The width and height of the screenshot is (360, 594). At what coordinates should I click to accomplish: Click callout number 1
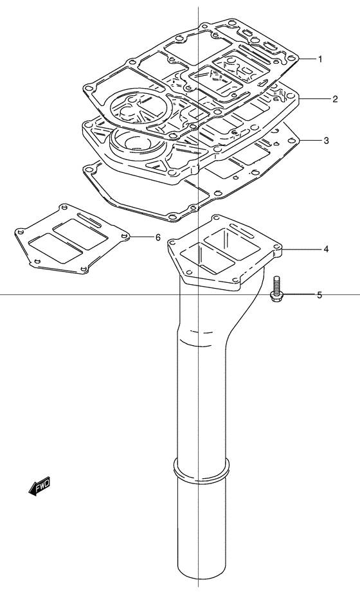tap(320, 59)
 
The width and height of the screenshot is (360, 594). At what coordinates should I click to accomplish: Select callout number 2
tap(335, 99)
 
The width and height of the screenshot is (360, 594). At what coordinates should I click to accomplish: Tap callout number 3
tap(327, 141)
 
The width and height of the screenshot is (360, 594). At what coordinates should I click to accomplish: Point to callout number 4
tap(326, 249)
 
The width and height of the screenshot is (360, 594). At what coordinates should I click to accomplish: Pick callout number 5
tap(319, 294)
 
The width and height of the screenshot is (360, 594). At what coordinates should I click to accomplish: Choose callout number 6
tap(158, 237)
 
